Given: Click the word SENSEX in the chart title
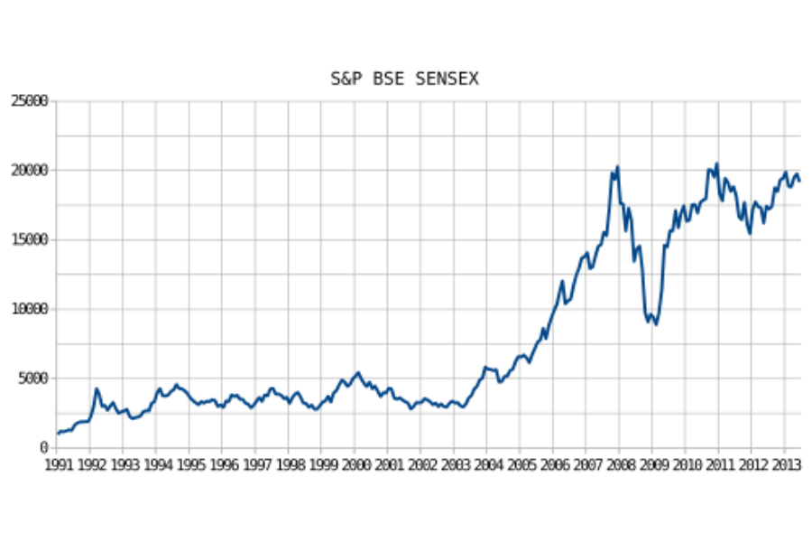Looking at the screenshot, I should [448, 79].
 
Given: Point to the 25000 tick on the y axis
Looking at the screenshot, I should [29, 101].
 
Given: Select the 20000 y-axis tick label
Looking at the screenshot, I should [29, 171].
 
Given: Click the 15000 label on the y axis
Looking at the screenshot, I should [29, 240].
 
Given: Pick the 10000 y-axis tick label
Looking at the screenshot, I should [29, 309].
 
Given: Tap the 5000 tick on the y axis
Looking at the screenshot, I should [32, 378].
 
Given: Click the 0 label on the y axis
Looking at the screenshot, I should [42, 448].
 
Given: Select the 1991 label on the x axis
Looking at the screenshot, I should [58, 465].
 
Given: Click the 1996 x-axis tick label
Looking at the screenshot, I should [223, 465].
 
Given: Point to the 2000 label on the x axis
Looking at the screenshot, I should [355, 465].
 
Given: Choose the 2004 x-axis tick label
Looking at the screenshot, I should [487, 465].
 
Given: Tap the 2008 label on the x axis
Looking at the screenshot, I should [620, 465].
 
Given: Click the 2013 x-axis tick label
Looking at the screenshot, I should [784, 465].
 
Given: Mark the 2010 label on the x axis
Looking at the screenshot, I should [686, 465].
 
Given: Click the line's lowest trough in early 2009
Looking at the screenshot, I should [656, 324].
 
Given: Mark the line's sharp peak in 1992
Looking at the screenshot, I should [97, 389].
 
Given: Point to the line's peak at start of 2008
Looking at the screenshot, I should [617, 166].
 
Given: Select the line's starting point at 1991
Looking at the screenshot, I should [58, 434].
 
